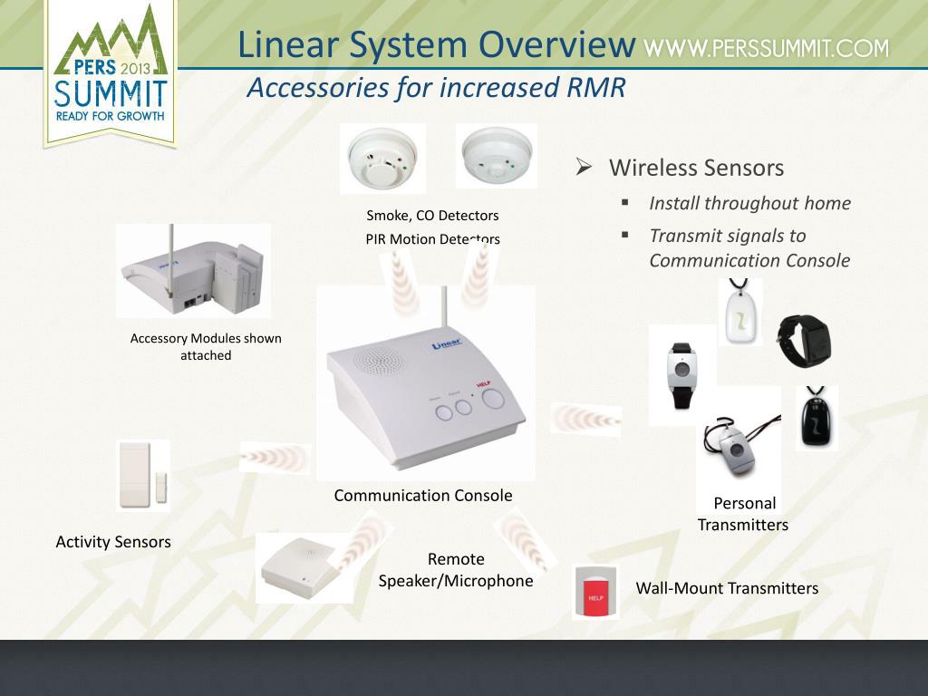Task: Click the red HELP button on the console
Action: coord(493,400)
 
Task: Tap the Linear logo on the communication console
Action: coord(447,344)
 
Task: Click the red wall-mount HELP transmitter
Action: coord(595,594)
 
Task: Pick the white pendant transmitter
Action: coord(740,313)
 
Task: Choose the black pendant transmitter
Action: coord(817,419)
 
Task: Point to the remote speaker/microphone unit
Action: coord(299,567)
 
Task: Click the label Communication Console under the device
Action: coord(423,496)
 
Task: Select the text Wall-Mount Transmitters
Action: coord(727,588)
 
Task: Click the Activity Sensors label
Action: coord(113,542)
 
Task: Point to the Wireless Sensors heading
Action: coord(696,168)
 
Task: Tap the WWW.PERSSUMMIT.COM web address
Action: coord(767,48)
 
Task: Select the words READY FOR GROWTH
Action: coord(110,116)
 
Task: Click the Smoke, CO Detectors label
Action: coord(432,216)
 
